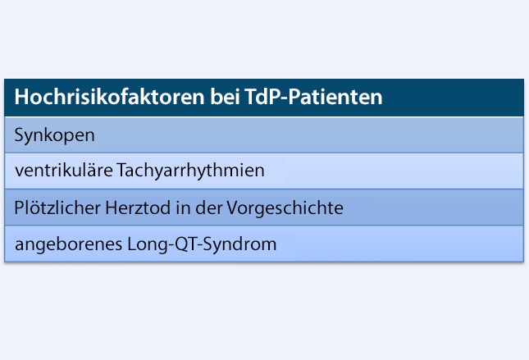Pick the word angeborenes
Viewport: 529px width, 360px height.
tap(62, 244)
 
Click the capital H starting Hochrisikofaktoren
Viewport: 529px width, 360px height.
tap(21, 98)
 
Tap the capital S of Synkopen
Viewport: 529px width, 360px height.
tap(19, 134)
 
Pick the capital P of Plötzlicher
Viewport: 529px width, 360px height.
tap(19, 207)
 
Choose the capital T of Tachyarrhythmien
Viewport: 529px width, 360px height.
tap(122, 171)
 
